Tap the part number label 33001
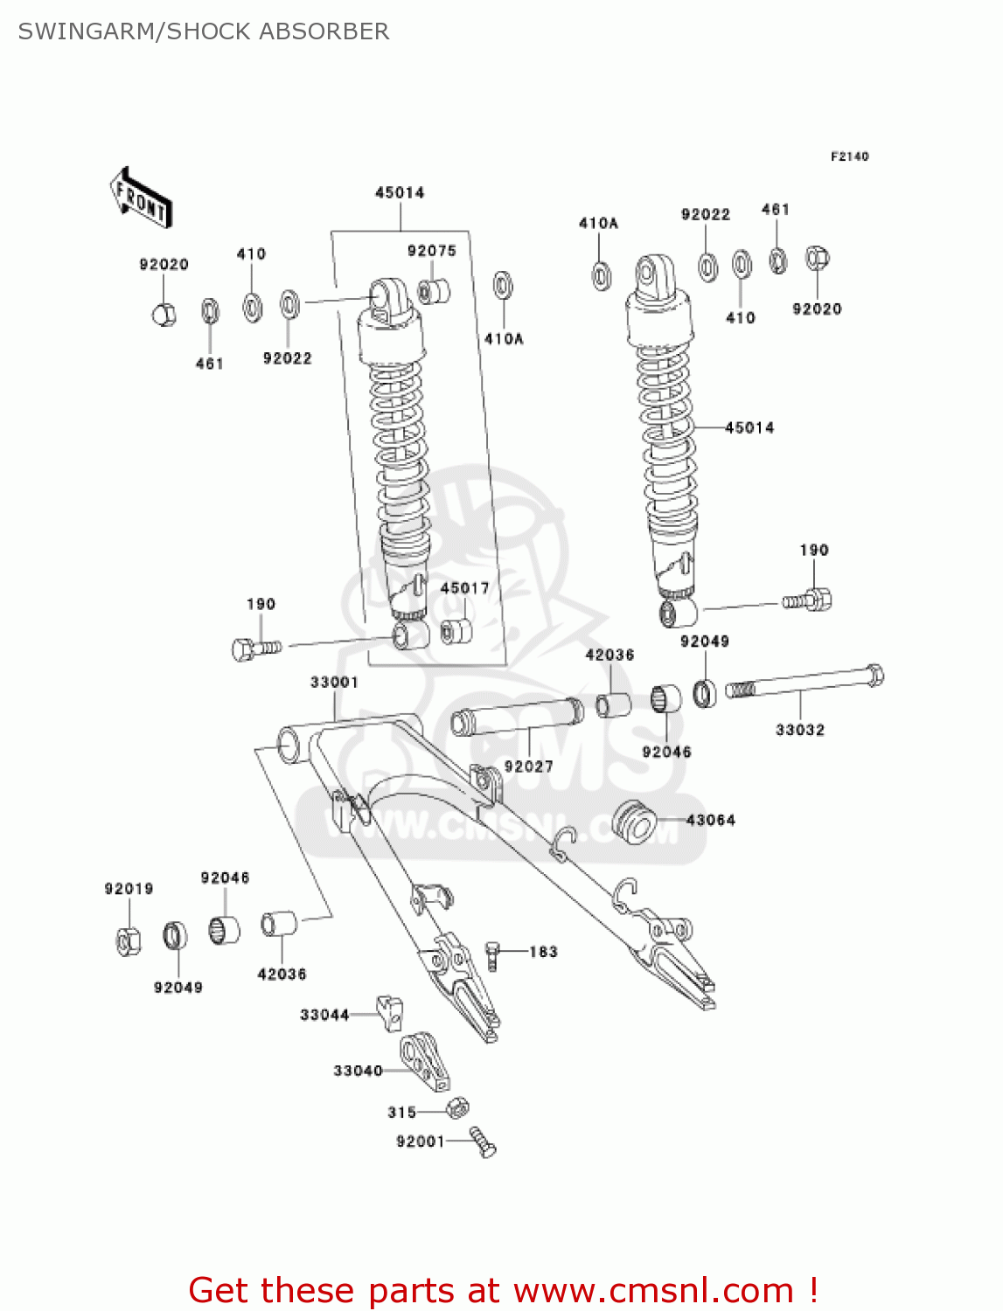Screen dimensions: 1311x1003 point(334,682)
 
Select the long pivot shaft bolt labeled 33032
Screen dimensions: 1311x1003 point(804,682)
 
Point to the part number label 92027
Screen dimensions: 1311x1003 point(528,766)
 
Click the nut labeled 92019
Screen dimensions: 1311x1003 point(129,940)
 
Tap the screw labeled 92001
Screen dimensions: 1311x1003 point(482,1141)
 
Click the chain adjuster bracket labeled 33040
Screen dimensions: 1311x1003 point(425,1061)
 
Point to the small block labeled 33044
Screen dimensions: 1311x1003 point(390,1011)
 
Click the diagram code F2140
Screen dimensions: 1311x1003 point(849,156)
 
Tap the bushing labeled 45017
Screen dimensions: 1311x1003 point(456,631)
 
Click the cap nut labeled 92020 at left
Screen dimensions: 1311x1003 point(164,313)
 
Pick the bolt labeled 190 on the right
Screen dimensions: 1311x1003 point(808,600)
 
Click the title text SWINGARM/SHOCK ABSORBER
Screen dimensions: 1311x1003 point(204,31)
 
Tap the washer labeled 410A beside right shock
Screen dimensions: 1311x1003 point(601,275)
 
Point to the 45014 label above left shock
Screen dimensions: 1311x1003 point(400,192)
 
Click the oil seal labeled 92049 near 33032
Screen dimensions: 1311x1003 point(705,693)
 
